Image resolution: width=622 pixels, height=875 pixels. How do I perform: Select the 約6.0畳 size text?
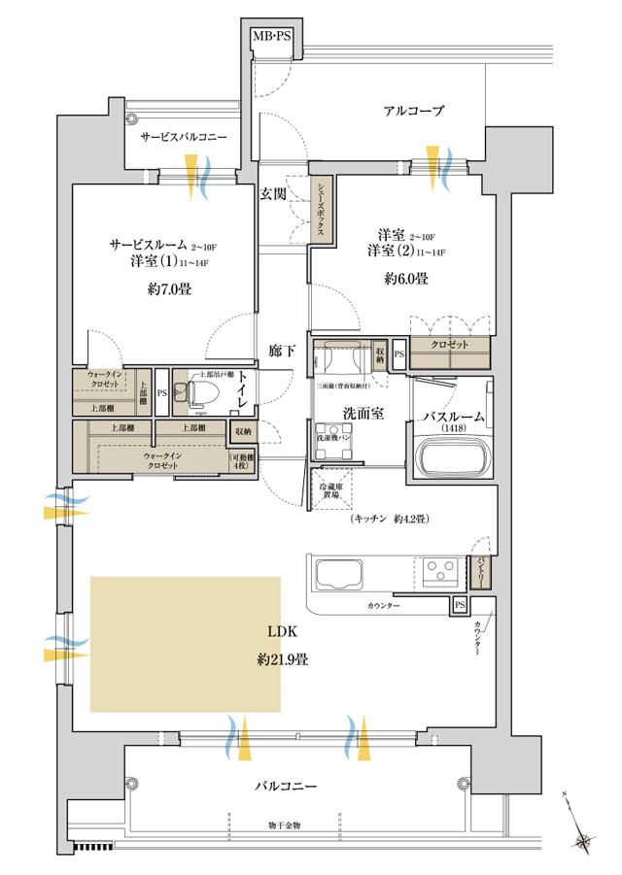pyautogui.click(x=404, y=278)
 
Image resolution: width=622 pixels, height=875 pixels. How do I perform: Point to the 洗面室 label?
pyautogui.click(x=361, y=413)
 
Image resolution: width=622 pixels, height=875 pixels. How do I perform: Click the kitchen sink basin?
pyautogui.click(x=336, y=574)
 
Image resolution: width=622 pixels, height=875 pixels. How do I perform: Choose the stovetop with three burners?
pyautogui.click(x=437, y=568)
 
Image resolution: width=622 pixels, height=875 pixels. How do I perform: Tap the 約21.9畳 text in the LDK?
pyautogui.click(x=283, y=659)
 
